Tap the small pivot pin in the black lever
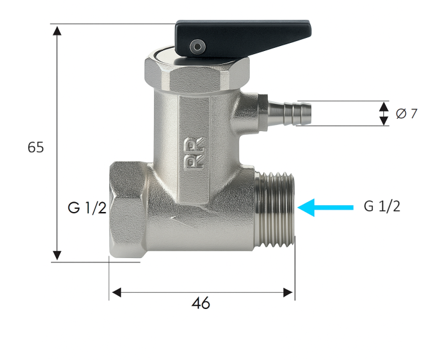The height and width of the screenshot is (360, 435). click(x=198, y=46)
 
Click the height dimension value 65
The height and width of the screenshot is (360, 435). click(x=36, y=148)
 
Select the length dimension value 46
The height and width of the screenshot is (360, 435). click(x=201, y=303)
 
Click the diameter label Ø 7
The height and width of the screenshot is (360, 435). click(x=406, y=114)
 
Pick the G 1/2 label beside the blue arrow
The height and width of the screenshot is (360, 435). click(x=382, y=207)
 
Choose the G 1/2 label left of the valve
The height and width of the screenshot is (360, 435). click(x=87, y=208)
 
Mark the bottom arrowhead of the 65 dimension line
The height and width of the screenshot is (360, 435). click(x=57, y=255)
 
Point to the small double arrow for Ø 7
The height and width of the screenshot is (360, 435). click(x=383, y=114)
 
